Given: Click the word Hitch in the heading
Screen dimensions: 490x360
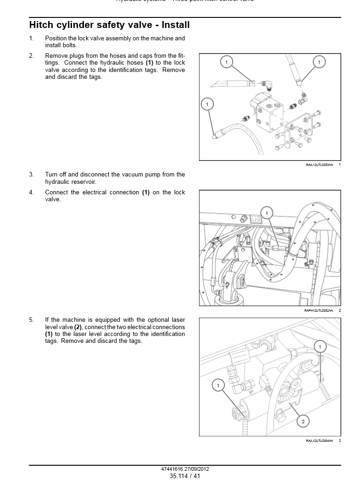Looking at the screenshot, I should [x=42, y=25].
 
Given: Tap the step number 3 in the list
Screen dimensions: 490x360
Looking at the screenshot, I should [x=31, y=175].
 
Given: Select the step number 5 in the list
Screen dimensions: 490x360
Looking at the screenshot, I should [x=31, y=320].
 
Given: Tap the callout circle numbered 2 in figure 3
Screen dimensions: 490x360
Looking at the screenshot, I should [x=302, y=421].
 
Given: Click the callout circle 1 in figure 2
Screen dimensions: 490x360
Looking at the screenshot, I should [x=267, y=213].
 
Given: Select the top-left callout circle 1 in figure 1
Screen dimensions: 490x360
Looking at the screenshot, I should [x=227, y=61].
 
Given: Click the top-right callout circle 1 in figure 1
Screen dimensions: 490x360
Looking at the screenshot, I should [x=319, y=61].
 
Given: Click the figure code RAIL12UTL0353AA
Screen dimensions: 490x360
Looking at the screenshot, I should [x=319, y=165].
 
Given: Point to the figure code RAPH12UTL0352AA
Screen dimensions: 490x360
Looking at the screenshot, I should [x=319, y=311].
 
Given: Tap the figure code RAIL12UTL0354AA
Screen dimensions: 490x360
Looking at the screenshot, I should [x=319, y=441].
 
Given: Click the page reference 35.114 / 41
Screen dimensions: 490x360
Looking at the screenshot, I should [x=185, y=476].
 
